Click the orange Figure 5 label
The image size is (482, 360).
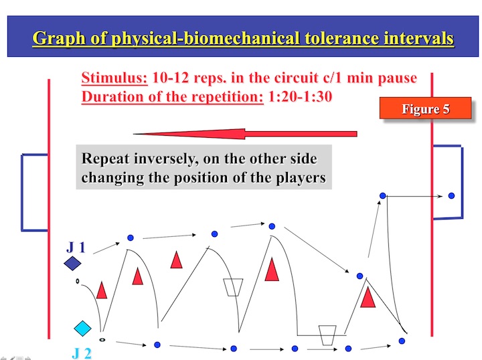(426, 108)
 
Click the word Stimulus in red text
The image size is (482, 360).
(114, 78)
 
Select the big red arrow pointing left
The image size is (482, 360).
(245, 134)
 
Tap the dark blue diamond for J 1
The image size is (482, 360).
(72, 263)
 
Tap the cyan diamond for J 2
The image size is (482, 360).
(83, 329)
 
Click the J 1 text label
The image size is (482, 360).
(76, 248)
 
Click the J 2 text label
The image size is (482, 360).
(82, 353)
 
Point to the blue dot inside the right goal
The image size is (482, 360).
(451, 195)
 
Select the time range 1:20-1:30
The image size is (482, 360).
(301, 97)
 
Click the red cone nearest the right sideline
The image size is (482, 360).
(368, 297)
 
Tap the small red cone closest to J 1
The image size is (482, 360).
(102, 290)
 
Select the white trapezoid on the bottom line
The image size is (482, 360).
(327, 335)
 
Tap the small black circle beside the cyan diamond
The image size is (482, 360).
(102, 340)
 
